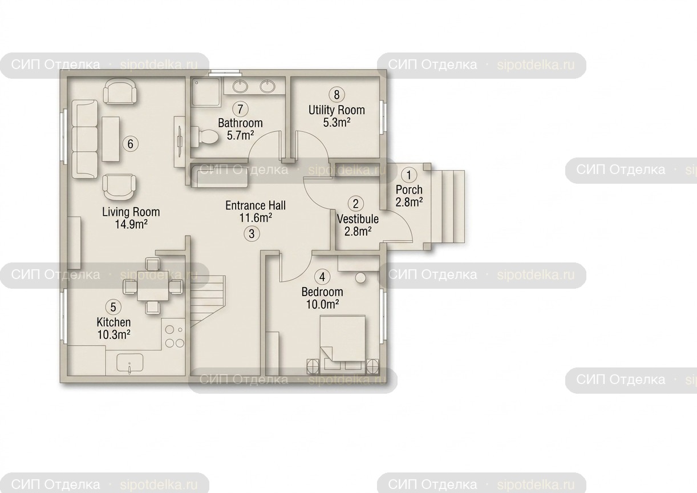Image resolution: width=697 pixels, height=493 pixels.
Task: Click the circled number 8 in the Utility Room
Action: coord(337,94)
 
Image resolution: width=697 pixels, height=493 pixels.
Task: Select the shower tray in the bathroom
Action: coord(206,91)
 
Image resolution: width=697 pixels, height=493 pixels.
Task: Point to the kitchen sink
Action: coord(129,363)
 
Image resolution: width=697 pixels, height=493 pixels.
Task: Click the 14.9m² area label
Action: coord(131,224)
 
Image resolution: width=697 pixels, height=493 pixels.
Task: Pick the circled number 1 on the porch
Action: coord(409,175)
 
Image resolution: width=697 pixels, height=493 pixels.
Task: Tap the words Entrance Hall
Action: coord(256,206)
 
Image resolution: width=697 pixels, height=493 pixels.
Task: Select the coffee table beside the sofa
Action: coord(111,139)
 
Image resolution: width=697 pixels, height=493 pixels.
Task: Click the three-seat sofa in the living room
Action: coord(84,139)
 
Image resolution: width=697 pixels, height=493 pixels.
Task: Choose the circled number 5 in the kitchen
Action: coord(114,307)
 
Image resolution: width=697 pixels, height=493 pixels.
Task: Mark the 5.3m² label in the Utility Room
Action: coord(337,122)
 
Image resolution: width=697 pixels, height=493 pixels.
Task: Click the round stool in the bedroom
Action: coord(360,278)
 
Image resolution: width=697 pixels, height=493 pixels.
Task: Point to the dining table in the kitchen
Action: coord(153,286)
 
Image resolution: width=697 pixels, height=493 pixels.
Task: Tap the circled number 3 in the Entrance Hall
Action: coord(252,233)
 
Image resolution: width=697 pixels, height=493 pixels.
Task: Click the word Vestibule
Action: coord(358,219)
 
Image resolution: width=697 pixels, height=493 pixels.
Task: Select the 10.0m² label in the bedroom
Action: coord(322,304)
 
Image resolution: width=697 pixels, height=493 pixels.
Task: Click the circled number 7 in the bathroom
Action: coord(240,109)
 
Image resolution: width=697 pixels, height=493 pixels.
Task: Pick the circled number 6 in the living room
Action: coord(130,144)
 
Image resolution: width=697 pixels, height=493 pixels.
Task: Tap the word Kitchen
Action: coord(114,322)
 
